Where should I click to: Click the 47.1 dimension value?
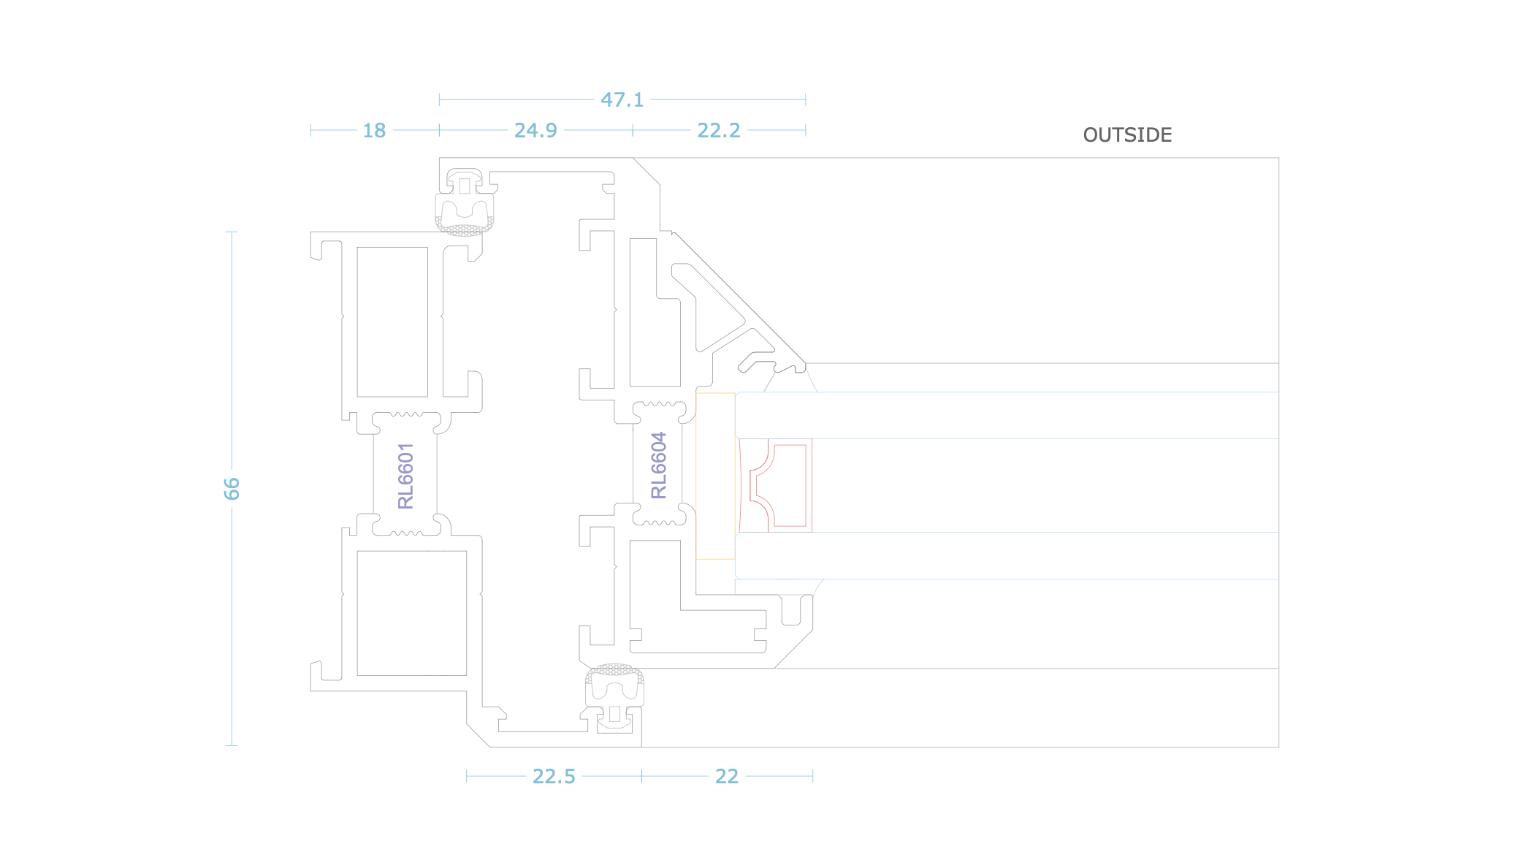coord(622,99)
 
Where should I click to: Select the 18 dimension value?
coord(374,130)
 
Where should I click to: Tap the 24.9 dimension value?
coord(535,130)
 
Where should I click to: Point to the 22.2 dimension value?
coord(719,130)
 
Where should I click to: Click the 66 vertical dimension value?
coord(232,488)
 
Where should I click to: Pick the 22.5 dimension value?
coord(554,776)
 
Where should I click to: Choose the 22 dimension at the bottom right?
coord(727,776)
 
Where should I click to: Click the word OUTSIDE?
coord(1127,135)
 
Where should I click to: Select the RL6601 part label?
coord(405,476)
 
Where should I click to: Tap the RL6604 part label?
coord(659,465)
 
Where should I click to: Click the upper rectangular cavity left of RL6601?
coord(392,322)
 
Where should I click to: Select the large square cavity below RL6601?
coord(411,613)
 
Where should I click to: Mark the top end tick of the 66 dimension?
coord(232,232)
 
